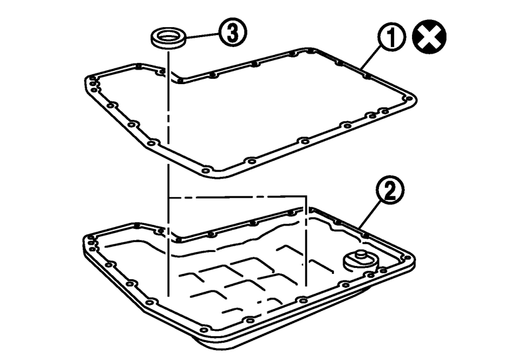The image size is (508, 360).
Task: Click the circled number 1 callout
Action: pos(392,38)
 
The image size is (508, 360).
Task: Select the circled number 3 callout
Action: pos(232,32)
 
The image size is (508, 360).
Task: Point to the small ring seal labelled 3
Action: pos(169,39)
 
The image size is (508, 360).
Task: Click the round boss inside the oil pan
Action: pos(360,261)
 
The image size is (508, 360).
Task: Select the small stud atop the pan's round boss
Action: pos(360,253)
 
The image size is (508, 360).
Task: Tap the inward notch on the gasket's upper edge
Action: pos(177,79)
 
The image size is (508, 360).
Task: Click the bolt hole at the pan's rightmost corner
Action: pos(408,258)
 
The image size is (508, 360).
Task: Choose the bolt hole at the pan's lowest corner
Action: pos(204,330)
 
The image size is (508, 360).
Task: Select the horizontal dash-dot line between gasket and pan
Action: pos(237,197)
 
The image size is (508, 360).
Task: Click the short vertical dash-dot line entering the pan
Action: pos(305,241)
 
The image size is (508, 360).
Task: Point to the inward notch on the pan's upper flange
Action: pos(177,238)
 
